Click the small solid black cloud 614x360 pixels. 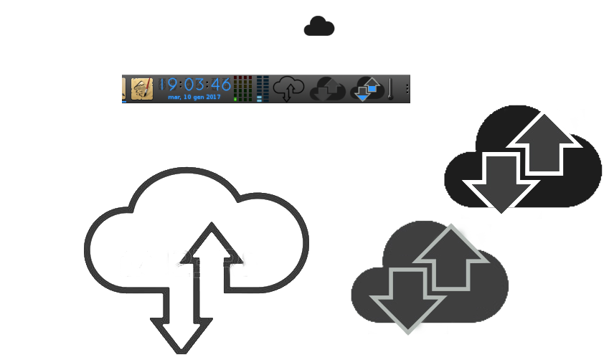[x=319, y=27]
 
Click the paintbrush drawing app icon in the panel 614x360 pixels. [x=142, y=89]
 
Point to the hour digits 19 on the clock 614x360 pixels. [x=167, y=85]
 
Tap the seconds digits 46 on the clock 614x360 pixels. [x=221, y=85]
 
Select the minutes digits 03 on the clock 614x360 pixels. [x=194, y=85]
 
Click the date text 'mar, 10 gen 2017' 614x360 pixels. [x=194, y=97]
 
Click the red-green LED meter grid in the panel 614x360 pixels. [x=242, y=89]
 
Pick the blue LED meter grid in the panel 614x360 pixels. [x=263, y=89]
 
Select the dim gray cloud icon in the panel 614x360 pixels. [x=327, y=89]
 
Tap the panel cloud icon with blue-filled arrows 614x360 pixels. [x=367, y=89]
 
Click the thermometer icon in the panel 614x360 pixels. [x=390, y=89]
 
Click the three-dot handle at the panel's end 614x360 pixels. [x=407, y=89]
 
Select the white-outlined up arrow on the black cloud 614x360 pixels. [x=544, y=143]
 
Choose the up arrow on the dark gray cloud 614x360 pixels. [x=450, y=256]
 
